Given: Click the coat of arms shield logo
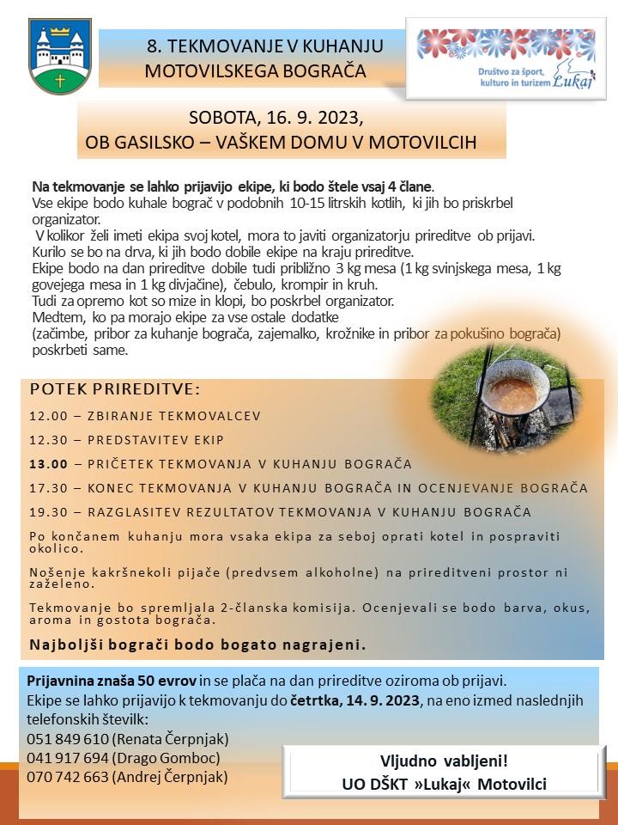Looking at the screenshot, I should (x=60, y=57).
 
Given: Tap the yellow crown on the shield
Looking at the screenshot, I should (x=60, y=34).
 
